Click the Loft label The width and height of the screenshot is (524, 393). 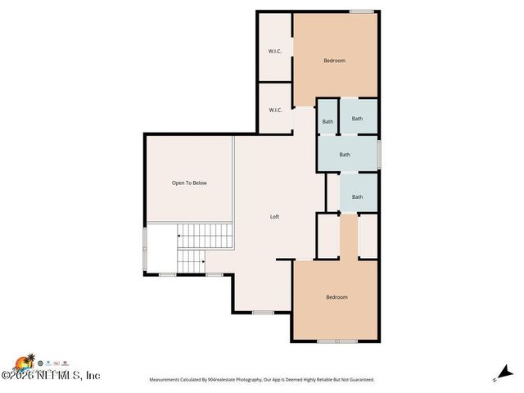coord(275,217)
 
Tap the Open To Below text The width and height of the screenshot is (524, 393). coord(189,183)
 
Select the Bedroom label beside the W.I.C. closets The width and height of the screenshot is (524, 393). coord(334,61)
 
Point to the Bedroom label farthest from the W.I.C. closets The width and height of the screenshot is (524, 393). coord(337,297)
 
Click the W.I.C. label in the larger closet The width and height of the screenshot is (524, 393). coord(275,52)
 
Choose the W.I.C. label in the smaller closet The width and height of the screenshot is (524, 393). coord(275,110)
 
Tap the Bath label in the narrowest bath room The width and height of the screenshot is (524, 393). coord(327,122)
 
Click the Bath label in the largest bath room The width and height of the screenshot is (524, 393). coord(345,154)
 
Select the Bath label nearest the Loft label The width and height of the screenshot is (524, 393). coord(357,196)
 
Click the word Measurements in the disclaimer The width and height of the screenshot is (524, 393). coord(169,380)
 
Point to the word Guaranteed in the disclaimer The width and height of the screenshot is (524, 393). coord(359,380)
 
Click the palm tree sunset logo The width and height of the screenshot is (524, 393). coord(26,361)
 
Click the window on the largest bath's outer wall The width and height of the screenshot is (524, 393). coord(379,154)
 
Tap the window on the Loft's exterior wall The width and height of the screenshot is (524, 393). coord(263,313)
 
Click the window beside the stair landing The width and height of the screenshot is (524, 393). coord(145,248)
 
